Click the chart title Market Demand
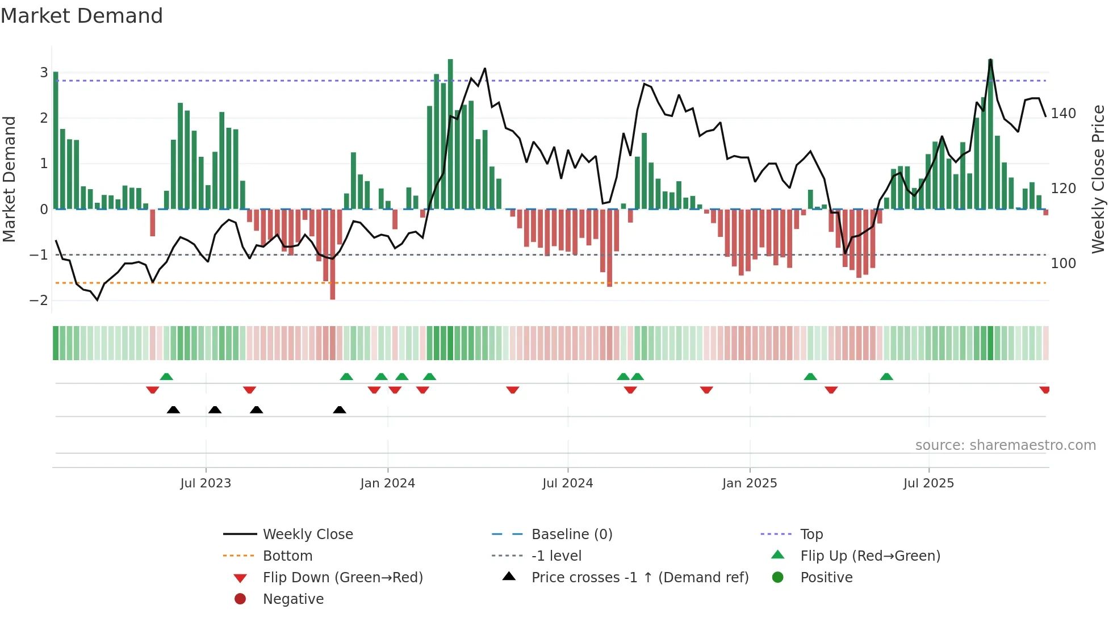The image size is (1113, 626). pyautogui.click(x=82, y=16)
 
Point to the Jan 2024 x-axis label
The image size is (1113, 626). pyautogui.click(x=387, y=483)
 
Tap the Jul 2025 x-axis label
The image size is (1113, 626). pyautogui.click(x=928, y=483)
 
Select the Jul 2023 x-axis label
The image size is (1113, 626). pyautogui.click(x=206, y=483)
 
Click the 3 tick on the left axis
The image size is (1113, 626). pyautogui.click(x=44, y=73)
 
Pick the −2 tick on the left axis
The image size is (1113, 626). pyautogui.click(x=39, y=301)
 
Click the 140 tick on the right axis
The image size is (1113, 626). pyautogui.click(x=1063, y=114)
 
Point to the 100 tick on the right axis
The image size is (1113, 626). pyautogui.click(x=1063, y=264)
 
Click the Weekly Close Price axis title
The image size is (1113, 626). pyautogui.click(x=1098, y=179)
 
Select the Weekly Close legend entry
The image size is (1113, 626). pyautogui.click(x=307, y=535)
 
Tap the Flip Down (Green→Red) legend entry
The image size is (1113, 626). pyautogui.click(x=342, y=578)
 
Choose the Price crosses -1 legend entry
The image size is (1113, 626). pyautogui.click(x=639, y=578)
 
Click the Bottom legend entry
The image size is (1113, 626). pyautogui.click(x=287, y=556)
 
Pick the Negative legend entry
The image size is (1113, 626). pyautogui.click(x=293, y=599)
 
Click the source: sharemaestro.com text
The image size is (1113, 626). pyautogui.click(x=1005, y=445)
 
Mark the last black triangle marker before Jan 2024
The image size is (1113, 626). pyautogui.click(x=340, y=410)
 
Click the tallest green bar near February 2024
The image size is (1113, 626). pyautogui.click(x=450, y=134)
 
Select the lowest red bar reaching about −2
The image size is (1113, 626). pyautogui.click(x=333, y=254)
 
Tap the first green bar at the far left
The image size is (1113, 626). pyautogui.click(x=56, y=140)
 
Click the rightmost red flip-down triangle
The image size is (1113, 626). pyautogui.click(x=1045, y=390)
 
